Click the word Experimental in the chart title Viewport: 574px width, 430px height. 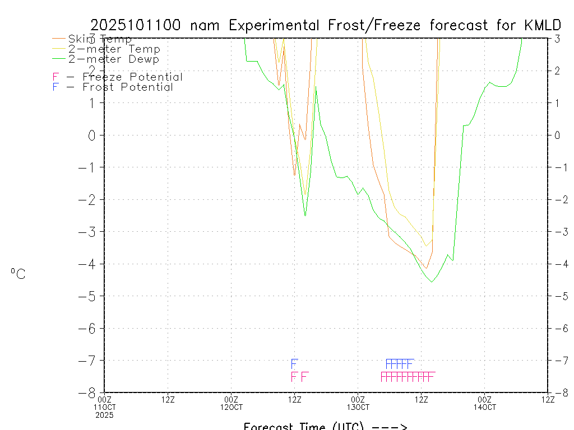(x=274, y=25)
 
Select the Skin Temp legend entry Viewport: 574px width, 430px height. (x=100, y=39)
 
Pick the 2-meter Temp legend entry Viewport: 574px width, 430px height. (x=114, y=49)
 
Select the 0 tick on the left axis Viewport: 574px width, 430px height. (x=94, y=135)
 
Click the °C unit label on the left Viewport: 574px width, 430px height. (x=18, y=274)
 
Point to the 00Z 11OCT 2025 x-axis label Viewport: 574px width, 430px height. (x=104, y=406)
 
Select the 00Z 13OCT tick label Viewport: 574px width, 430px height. (x=358, y=403)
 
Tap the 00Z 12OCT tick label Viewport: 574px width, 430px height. (x=231, y=403)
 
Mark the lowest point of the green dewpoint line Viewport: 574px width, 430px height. (x=431, y=282)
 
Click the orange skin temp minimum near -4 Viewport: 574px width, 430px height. (x=427, y=268)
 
